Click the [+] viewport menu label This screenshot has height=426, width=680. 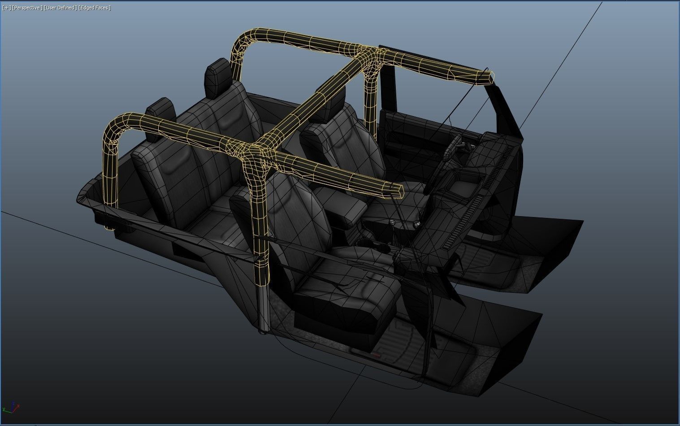(6, 8)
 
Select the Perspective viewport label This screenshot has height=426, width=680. (27, 8)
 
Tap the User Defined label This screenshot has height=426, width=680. (60, 8)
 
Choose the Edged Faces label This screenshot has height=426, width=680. (95, 8)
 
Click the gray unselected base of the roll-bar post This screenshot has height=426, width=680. (263, 309)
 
